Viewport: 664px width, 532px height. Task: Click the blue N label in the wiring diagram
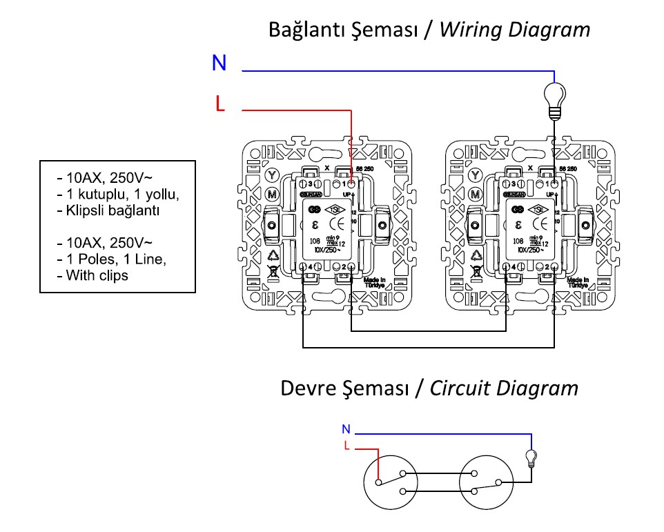point(219,63)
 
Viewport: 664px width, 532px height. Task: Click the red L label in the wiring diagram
point(219,104)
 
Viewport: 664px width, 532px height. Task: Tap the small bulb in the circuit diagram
point(531,457)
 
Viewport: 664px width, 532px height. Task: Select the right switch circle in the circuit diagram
point(486,480)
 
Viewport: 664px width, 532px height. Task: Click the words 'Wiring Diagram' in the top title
point(514,30)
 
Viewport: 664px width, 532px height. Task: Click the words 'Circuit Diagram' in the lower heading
point(504,388)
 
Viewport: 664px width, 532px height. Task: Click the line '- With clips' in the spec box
point(97,275)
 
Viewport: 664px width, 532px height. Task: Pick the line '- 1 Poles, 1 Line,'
point(112,259)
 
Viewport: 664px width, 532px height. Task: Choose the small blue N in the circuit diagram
point(346,429)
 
